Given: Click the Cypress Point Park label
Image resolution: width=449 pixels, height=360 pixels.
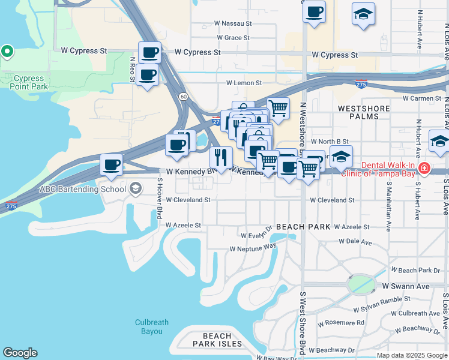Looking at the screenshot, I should pos(28,82).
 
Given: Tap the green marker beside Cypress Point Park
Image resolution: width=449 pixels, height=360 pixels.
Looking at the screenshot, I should pos(7,52).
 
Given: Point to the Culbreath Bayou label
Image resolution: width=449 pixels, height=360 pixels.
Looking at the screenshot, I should pos(151,326).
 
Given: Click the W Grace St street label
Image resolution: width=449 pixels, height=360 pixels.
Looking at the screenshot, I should pos(233,37).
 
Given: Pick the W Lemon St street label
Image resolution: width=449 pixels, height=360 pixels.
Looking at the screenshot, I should pos(244,83).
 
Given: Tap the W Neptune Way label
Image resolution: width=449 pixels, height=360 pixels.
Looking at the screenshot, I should pos(253,247).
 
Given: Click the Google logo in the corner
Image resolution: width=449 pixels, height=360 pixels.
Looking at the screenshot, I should pos(20,353).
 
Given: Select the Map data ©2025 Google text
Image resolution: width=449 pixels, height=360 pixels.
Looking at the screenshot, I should pos(412,355).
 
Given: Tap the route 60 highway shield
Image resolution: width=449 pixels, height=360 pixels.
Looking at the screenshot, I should pos(182,96).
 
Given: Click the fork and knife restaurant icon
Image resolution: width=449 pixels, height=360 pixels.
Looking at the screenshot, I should pos(221,158).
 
